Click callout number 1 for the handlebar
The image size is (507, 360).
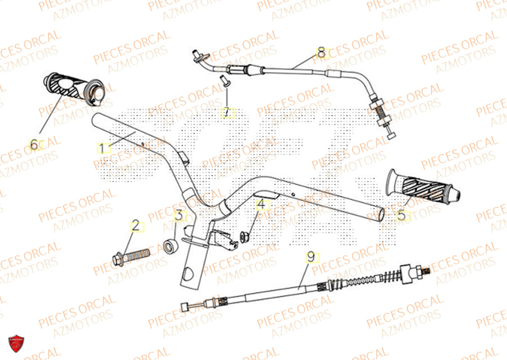click(103, 149)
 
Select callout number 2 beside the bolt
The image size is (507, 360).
click(136, 226)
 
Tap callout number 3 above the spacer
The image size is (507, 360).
click(179, 215)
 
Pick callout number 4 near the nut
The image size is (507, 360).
click(262, 205)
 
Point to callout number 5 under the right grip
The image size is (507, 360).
click(401, 215)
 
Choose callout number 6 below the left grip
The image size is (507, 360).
click(34, 145)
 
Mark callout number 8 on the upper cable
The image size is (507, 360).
click(321, 52)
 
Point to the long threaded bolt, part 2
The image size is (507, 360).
click(131, 256)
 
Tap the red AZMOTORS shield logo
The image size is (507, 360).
click(17, 344)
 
